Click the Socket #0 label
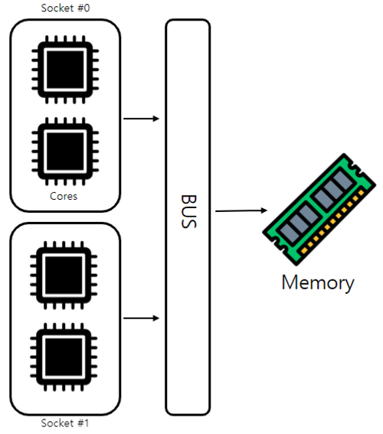(65, 8)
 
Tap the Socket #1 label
(65, 423)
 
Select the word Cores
(64, 196)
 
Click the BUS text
(189, 211)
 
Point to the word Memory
(318, 282)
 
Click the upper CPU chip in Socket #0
(65, 70)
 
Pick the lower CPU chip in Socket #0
(65, 152)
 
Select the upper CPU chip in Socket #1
(64, 275)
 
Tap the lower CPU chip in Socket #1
(64, 357)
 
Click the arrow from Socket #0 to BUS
(141, 119)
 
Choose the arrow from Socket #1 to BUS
(141, 318)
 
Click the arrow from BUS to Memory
(241, 211)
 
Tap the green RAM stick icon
(319, 210)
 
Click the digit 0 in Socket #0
(87, 8)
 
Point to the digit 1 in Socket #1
(86, 423)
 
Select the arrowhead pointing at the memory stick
(264, 210)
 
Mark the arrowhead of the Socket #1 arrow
(156, 318)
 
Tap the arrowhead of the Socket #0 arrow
(156, 119)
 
